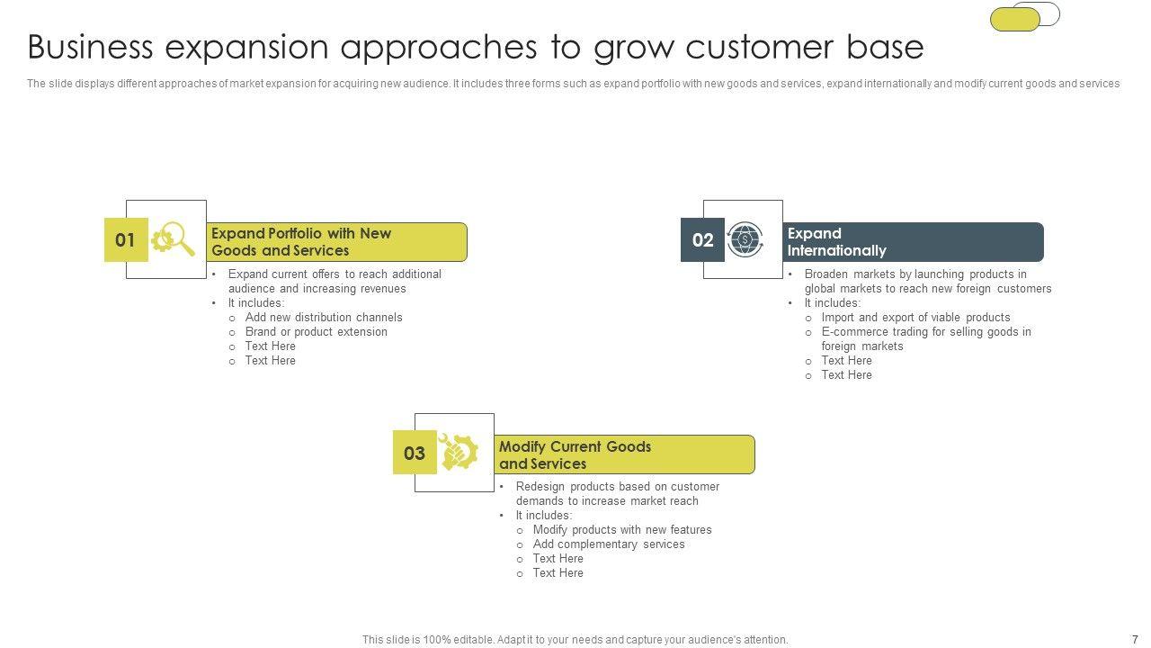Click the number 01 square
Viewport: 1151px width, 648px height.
(x=126, y=239)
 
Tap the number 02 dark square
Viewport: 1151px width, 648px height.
(x=702, y=239)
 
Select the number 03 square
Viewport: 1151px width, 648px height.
(x=415, y=452)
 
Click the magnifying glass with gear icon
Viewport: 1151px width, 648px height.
(x=174, y=238)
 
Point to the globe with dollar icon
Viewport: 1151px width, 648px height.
(x=745, y=239)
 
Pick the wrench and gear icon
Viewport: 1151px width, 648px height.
(x=459, y=452)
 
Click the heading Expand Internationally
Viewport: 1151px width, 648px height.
(x=836, y=242)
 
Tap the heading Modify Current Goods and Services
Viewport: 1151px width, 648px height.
(x=575, y=454)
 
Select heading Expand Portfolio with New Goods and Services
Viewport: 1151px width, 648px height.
(x=301, y=242)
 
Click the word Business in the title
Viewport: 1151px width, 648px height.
(x=91, y=48)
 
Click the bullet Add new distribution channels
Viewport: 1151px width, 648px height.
(x=324, y=318)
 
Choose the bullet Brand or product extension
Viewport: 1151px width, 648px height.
(x=316, y=332)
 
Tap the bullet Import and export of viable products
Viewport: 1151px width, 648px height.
(x=915, y=318)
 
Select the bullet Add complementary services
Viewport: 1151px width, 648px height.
(x=609, y=544)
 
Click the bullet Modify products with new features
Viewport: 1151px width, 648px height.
(x=622, y=530)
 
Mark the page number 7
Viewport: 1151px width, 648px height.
(x=1135, y=639)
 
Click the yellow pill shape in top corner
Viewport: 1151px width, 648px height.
(x=1015, y=20)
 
